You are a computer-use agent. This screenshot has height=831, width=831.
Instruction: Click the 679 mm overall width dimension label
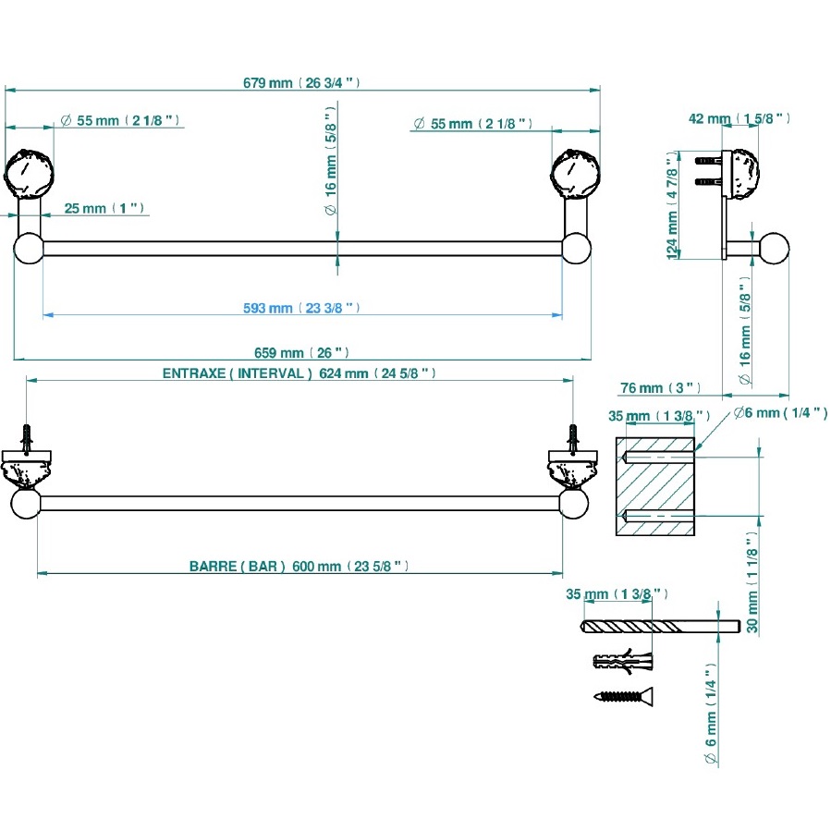click(301, 82)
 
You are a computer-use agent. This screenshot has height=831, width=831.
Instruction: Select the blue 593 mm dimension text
click(301, 308)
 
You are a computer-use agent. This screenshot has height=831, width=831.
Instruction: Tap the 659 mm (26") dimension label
click(301, 353)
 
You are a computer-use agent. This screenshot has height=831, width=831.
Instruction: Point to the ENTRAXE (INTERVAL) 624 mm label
click(299, 373)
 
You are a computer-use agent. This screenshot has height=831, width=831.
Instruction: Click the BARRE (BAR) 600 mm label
click(299, 567)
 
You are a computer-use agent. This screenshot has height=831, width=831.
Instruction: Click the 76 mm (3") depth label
click(661, 387)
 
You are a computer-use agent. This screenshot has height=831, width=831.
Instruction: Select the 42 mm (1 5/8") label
click(739, 118)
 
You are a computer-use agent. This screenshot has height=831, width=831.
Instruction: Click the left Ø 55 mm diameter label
click(120, 121)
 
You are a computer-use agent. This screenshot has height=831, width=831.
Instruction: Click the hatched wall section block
click(654, 486)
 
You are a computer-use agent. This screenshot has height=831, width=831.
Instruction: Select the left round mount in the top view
click(30, 173)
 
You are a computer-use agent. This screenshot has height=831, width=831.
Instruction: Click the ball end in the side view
click(774, 249)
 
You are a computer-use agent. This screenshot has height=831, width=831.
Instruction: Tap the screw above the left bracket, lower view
click(28, 437)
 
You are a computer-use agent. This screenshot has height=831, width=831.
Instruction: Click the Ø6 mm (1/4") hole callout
click(780, 413)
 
